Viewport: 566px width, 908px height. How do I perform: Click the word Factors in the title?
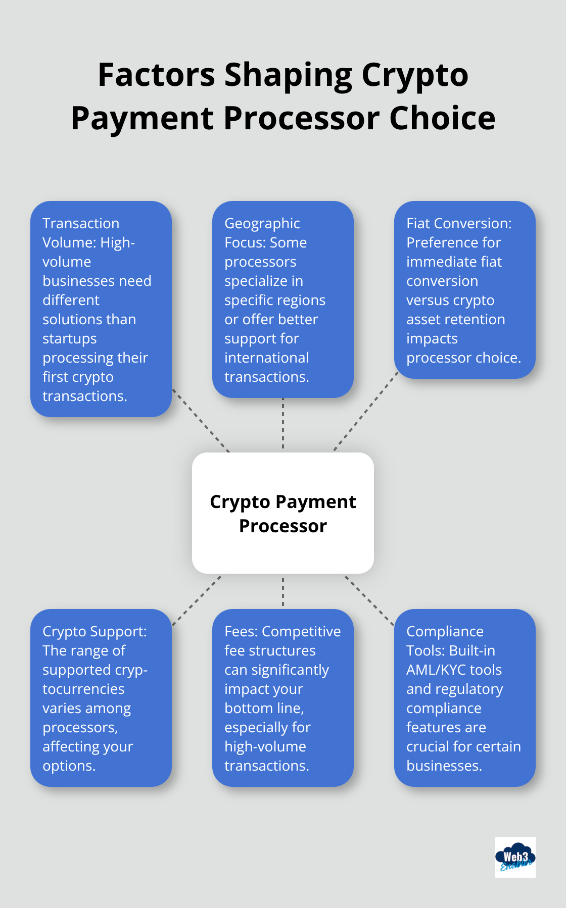click(157, 75)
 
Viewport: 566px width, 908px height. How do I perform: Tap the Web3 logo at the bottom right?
click(515, 857)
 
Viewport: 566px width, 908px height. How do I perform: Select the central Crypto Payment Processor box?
click(283, 513)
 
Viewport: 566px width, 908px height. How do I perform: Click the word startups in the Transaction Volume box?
click(69, 339)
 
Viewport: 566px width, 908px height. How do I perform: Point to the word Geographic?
click(262, 224)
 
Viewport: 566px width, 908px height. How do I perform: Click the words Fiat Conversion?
click(458, 224)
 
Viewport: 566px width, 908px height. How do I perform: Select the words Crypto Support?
click(95, 632)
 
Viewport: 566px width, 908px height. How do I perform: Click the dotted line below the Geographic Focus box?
click(283, 424)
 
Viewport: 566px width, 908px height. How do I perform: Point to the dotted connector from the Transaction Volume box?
click(201, 420)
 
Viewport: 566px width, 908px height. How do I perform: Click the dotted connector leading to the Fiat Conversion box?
click(365, 412)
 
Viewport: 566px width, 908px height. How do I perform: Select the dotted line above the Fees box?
click(283, 592)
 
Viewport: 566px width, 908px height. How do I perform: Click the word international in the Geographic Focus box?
click(266, 358)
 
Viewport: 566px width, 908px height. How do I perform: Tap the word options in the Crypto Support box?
click(69, 766)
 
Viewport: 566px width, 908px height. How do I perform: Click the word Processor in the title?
click(302, 118)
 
